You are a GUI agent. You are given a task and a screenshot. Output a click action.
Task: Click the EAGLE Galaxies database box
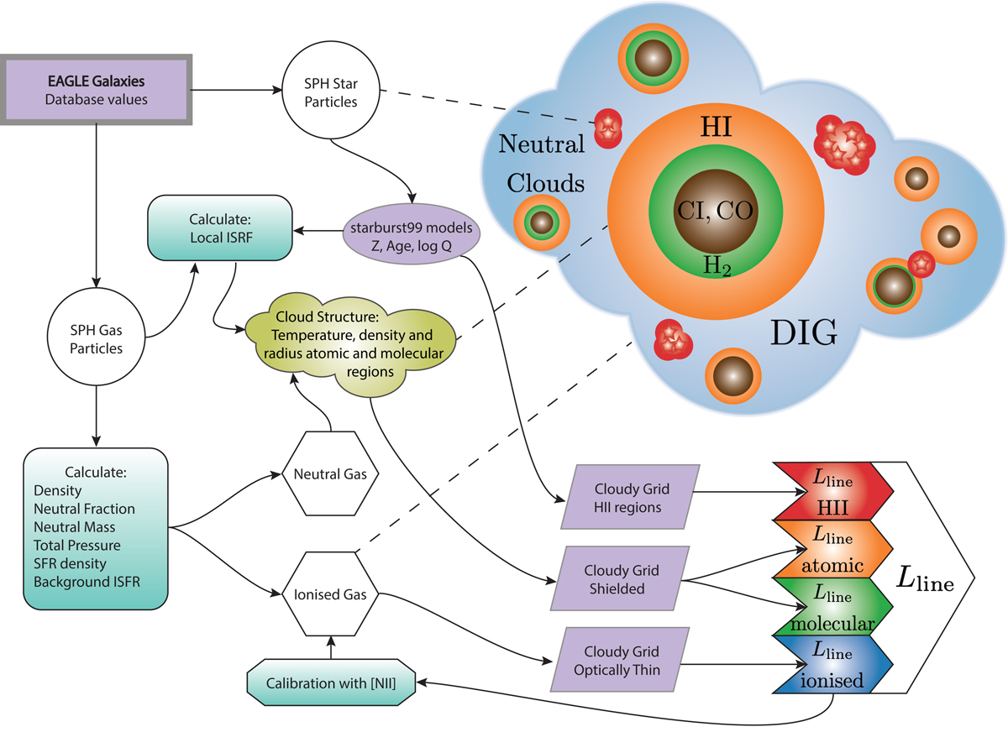(100, 89)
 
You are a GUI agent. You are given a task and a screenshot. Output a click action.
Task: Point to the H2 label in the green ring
(713, 266)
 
